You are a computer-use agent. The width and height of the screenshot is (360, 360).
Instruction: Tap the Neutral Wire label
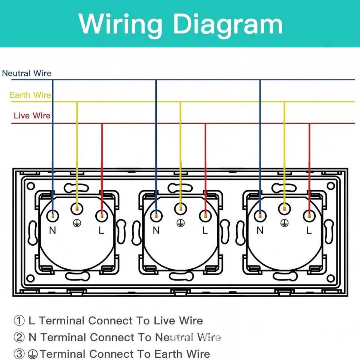point(27,73)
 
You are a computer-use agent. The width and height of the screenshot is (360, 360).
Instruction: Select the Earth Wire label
point(30,95)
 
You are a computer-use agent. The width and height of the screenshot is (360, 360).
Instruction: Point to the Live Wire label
point(32,115)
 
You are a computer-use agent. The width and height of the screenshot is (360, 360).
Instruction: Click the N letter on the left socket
point(52,231)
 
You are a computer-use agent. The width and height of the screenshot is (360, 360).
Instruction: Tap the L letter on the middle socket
point(205,231)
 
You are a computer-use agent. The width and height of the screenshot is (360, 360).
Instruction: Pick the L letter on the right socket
point(309,231)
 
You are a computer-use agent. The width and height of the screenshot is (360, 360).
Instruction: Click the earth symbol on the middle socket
point(180,223)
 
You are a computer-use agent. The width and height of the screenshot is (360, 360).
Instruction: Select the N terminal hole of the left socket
point(52,216)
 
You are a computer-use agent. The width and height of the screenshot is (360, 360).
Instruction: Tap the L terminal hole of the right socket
point(309,216)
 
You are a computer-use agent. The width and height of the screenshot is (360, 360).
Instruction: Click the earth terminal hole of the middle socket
point(180,208)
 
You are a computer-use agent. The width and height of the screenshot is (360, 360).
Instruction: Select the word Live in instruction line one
point(164,321)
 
